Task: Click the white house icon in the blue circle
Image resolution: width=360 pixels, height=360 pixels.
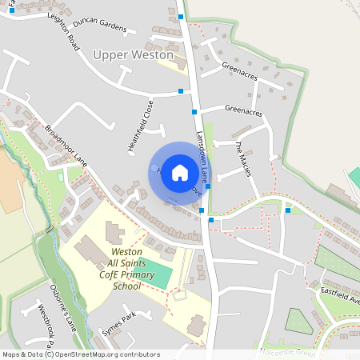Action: (180, 173)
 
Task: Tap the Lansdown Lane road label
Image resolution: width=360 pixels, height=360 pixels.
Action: (203, 157)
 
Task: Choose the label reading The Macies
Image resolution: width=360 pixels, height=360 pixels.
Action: (243, 158)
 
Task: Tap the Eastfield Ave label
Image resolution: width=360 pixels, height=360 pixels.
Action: (342, 295)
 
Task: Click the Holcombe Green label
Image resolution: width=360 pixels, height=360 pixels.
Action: (288, 351)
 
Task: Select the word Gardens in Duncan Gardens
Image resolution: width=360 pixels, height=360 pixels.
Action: (113, 26)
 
